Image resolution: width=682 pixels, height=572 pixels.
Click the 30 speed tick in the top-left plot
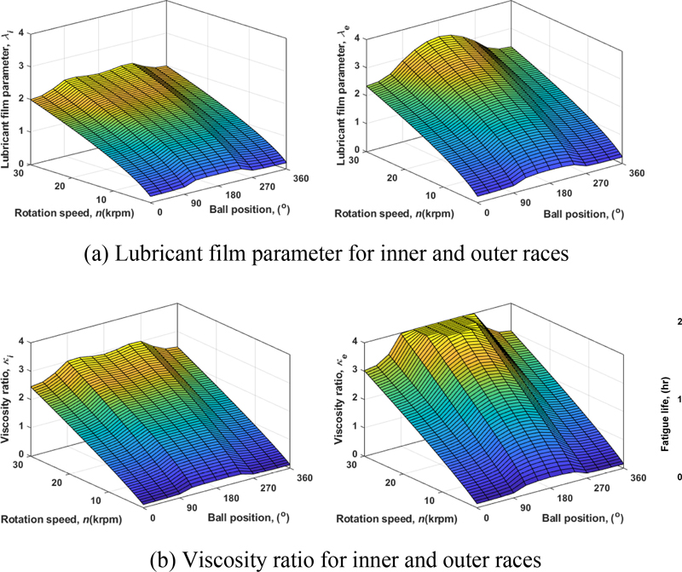[17, 169]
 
